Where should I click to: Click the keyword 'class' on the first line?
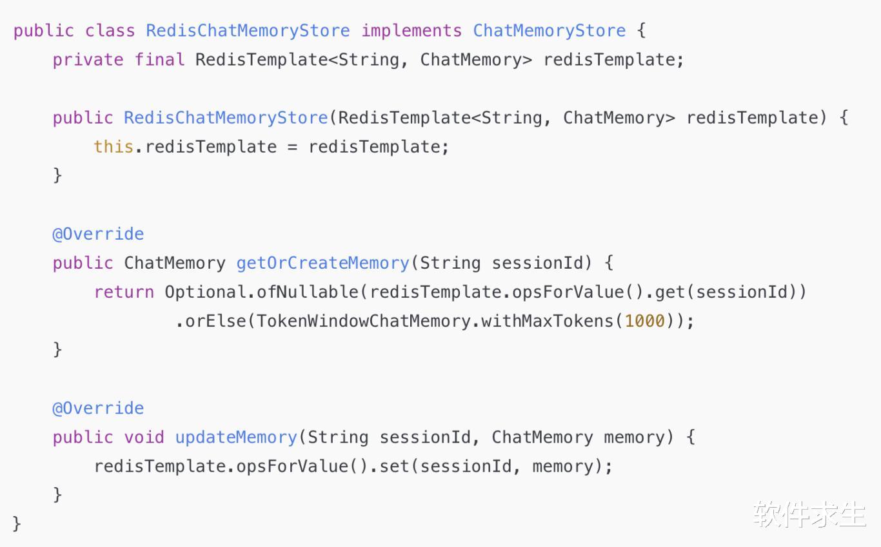click(x=110, y=31)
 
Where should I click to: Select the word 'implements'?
click(x=411, y=31)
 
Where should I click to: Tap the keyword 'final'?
click(x=159, y=60)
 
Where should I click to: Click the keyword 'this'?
click(x=114, y=147)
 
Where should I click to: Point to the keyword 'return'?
click(x=124, y=293)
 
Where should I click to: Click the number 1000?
click(x=644, y=321)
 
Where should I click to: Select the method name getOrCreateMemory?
click(x=323, y=264)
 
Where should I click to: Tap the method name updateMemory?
click(x=236, y=437)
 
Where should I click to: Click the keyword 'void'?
click(x=144, y=437)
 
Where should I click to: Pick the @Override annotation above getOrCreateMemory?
click(x=98, y=235)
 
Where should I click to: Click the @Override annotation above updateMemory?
click(x=98, y=408)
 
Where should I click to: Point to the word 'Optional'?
click(x=205, y=293)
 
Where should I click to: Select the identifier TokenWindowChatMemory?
click(x=363, y=321)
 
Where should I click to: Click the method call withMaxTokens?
click(x=547, y=321)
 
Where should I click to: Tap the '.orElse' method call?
click(x=211, y=321)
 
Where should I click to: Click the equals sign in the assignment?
click(x=292, y=148)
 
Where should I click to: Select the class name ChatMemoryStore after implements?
click(x=549, y=31)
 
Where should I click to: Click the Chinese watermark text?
click(x=809, y=514)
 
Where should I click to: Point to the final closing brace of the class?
click(x=17, y=524)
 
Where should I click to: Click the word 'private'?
click(x=88, y=60)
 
